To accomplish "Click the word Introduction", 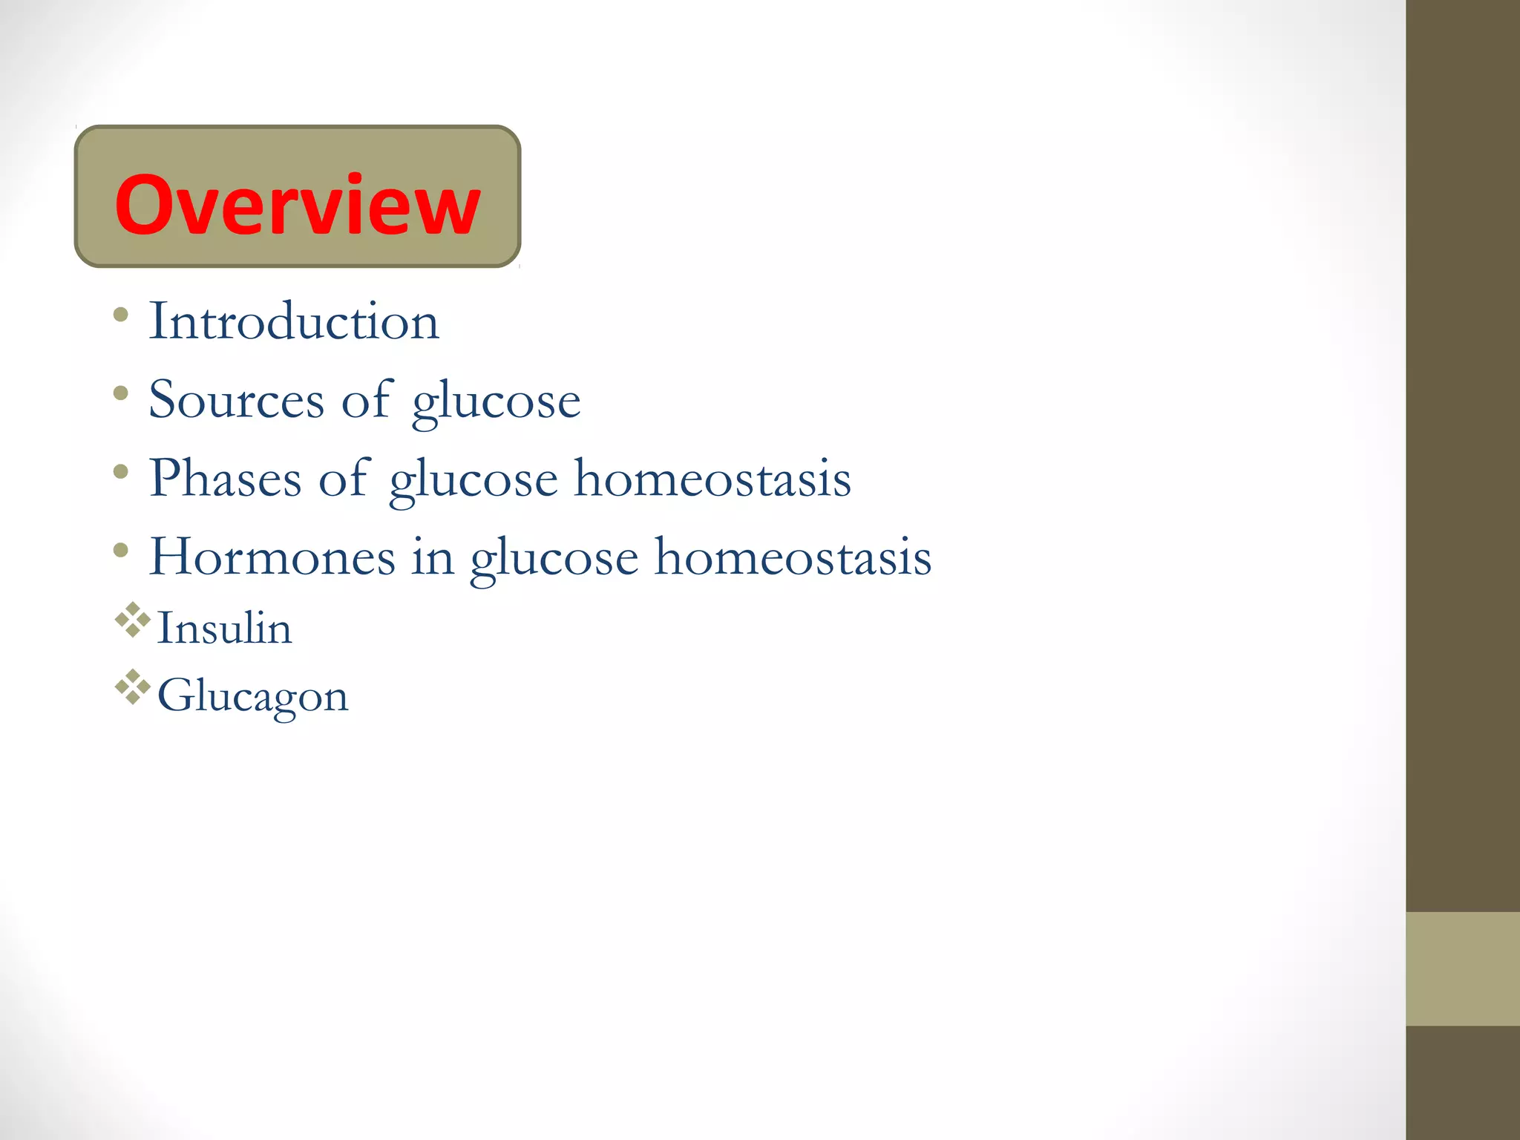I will [x=294, y=321].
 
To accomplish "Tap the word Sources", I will [x=236, y=400].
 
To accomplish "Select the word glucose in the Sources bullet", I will [x=496, y=402].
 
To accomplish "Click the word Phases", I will [x=225, y=479].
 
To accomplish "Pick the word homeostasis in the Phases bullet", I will [x=712, y=479].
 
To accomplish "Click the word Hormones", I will [x=272, y=557].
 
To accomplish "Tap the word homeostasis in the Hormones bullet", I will [x=793, y=557].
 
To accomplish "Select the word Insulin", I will [x=224, y=628].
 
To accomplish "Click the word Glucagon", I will [x=252, y=696].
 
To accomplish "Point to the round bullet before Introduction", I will [x=121, y=315].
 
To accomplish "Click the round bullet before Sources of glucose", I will [x=121, y=393].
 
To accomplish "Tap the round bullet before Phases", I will [x=121, y=471].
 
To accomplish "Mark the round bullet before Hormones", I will [x=121, y=550].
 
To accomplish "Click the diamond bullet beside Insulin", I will [x=133, y=620].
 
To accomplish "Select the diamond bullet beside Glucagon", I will [x=133, y=687].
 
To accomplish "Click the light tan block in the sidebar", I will [x=1462, y=969].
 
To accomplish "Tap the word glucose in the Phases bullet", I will [x=474, y=480].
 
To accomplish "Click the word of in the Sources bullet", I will [x=366, y=400].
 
